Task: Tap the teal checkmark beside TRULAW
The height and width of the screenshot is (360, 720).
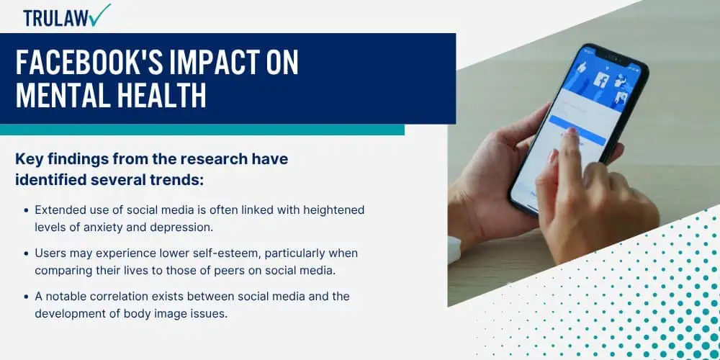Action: [x=101, y=14]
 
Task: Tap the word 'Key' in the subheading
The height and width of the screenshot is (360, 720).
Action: [x=30, y=159]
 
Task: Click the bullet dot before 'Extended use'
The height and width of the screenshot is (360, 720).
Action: [x=26, y=211]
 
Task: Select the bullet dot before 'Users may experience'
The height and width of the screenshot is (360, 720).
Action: [x=26, y=254]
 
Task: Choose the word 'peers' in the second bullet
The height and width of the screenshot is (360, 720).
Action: [x=236, y=271]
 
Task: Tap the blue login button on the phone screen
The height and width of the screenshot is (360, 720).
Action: [x=577, y=130]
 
